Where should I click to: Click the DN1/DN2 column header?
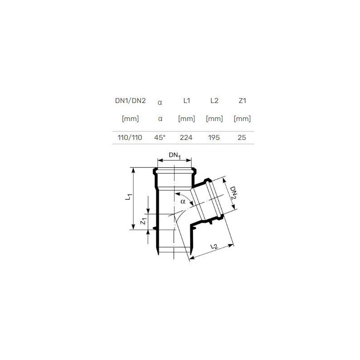click(130, 101)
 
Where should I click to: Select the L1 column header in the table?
click(187, 100)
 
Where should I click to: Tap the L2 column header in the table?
click(214, 100)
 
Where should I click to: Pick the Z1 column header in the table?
click(242, 100)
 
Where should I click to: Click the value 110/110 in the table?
click(130, 138)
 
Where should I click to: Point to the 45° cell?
click(160, 138)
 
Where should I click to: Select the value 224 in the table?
click(186, 138)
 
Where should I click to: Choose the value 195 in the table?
click(214, 138)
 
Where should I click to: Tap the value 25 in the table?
click(242, 138)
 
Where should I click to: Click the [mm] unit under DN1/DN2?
click(130, 119)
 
